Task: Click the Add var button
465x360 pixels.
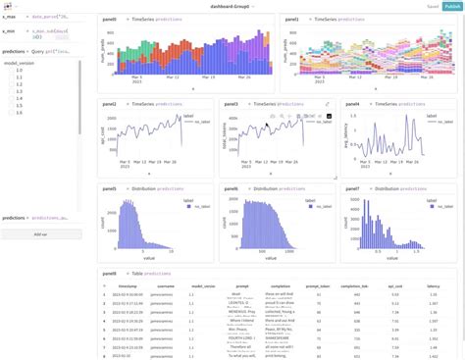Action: click(41, 234)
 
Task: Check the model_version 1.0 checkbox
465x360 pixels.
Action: click(11, 71)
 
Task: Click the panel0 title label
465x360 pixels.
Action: click(109, 19)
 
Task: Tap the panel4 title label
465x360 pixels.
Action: click(351, 103)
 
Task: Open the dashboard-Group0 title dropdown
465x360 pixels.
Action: click(232, 6)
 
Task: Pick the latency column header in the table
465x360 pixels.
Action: click(433, 286)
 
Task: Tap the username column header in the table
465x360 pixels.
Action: click(165, 286)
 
